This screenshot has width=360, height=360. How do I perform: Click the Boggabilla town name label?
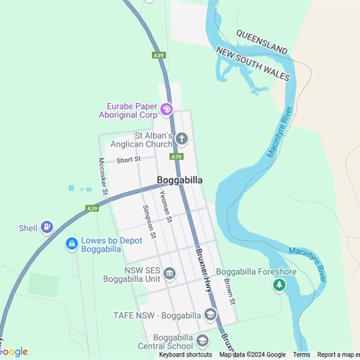coord(180,180)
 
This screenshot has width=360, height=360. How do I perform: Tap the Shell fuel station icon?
coord(47,227)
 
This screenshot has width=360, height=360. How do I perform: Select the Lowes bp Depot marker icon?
coord(72,244)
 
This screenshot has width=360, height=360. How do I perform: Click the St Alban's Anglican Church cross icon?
coord(181,139)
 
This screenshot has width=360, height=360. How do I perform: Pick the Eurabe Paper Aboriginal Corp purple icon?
coord(166,109)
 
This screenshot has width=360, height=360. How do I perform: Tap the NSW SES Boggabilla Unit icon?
coord(170,274)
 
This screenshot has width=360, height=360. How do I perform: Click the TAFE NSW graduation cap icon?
coord(210,315)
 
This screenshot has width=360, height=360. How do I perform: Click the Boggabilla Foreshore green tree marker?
coord(279,285)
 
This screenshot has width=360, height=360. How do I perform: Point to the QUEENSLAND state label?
coord(261,42)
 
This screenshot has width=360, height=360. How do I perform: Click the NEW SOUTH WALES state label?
coord(253,63)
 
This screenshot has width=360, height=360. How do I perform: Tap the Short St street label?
coord(129,160)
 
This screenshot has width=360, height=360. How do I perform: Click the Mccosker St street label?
coord(103,176)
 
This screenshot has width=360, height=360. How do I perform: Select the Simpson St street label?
coord(149,221)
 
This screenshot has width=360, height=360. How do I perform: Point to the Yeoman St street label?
coord(166,206)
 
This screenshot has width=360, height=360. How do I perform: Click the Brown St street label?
coord(229,291)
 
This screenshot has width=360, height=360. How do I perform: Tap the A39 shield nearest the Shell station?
coord(92,208)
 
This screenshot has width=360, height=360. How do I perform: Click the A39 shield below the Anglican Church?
coord(176,157)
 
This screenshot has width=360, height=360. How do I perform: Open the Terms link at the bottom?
coord(301,355)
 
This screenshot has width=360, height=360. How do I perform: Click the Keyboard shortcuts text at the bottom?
coord(185,355)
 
